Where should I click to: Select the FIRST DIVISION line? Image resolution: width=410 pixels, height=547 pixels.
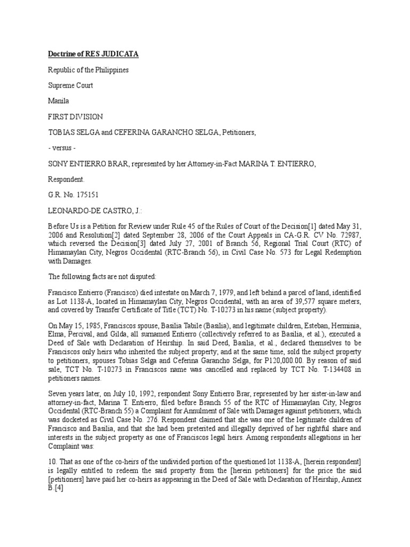[x=76, y=116]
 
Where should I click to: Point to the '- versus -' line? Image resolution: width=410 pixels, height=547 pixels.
[x=65, y=147]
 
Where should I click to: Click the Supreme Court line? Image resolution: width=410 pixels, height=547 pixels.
[x=71, y=85]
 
